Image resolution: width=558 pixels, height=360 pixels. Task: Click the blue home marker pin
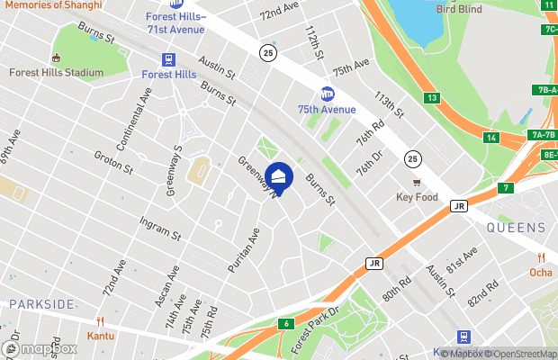pos(279,178)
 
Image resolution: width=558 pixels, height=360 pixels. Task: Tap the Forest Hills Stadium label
pos(52,73)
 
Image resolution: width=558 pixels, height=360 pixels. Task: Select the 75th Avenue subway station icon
pos(328,93)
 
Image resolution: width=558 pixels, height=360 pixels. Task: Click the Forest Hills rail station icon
pos(168,58)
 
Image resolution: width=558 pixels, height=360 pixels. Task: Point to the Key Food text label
pos(417,197)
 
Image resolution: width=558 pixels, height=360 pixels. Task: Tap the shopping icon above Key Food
pos(417,182)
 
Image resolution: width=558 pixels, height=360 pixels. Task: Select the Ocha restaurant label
pos(541,273)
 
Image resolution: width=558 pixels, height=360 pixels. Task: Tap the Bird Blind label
pos(459,10)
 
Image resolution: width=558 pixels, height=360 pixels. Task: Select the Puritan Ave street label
pos(242,249)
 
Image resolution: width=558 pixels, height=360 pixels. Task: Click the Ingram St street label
pos(160,229)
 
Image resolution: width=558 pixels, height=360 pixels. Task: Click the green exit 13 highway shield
pos(433,97)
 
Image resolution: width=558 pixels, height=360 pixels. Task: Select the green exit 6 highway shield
pos(287,323)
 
